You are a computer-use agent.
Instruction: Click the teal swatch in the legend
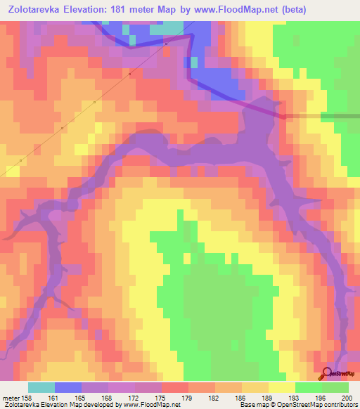[x=41, y=387]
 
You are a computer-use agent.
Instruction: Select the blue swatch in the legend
[x=67, y=387]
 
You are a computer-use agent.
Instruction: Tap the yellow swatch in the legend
[x=281, y=387]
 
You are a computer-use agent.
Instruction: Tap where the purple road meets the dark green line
[x=285, y=116]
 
